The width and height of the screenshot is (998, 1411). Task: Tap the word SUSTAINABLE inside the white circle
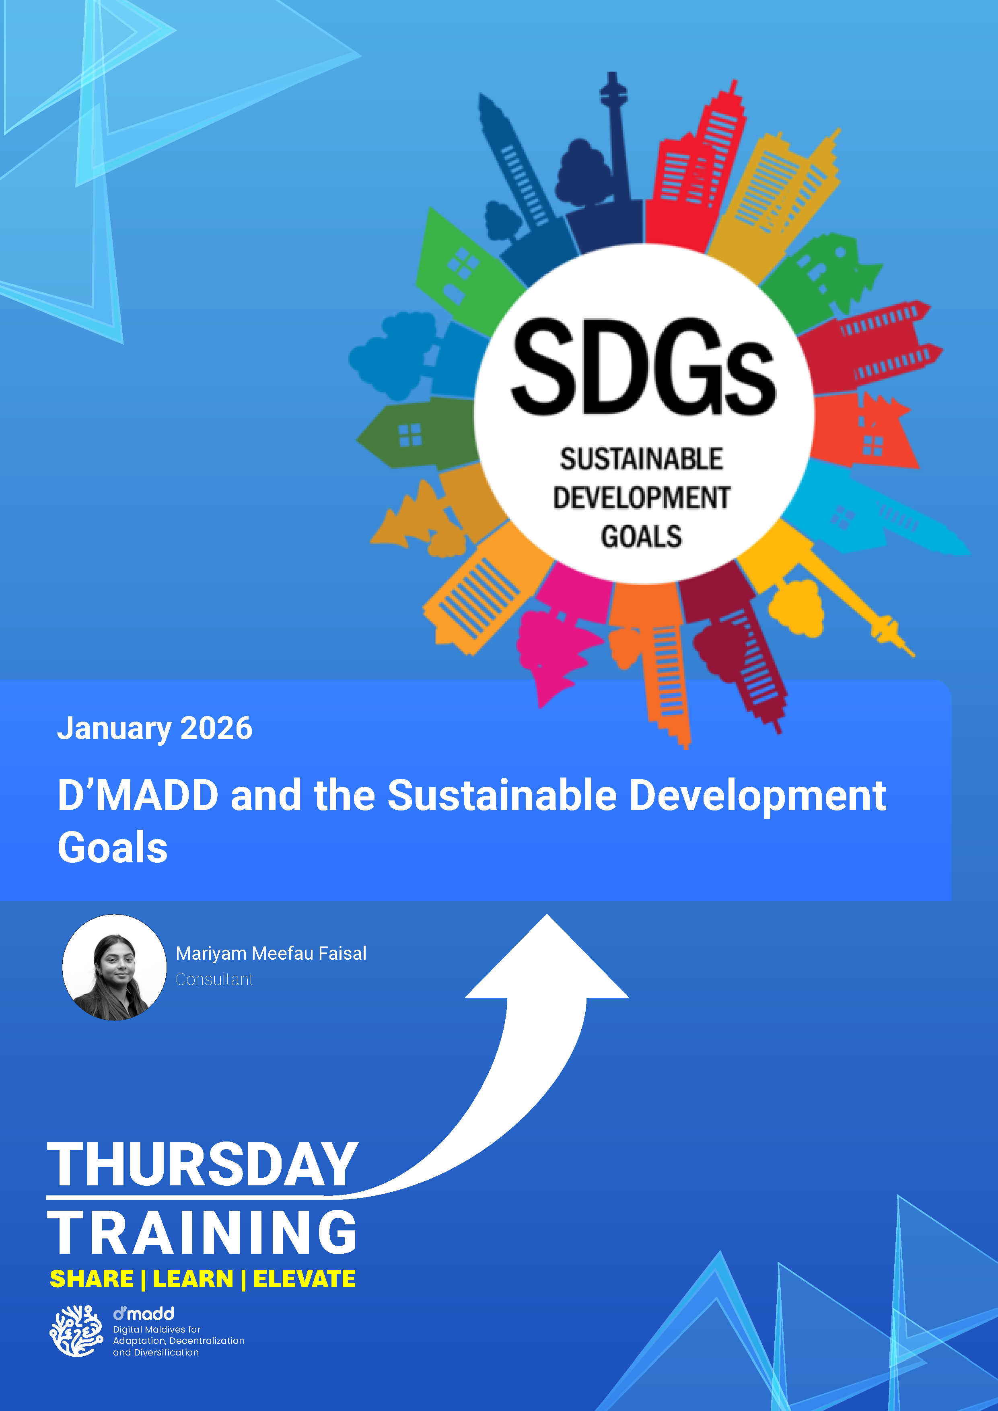pos(642,459)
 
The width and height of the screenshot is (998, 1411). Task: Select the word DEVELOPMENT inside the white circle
pos(642,498)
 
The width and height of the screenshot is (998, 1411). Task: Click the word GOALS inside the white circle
pos(642,537)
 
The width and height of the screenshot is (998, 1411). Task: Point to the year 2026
pos(216,728)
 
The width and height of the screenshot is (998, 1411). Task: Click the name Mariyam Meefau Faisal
pos(271,953)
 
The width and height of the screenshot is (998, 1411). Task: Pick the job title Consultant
pos(214,979)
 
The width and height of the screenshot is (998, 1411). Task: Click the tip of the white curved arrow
pos(547,914)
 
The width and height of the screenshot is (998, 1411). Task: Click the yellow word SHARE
pos(92,1279)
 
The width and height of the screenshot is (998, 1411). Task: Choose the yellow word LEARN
pos(193,1279)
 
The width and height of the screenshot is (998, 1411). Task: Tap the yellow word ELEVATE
pos(304,1279)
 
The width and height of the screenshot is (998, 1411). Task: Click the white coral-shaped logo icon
pos(76,1331)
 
